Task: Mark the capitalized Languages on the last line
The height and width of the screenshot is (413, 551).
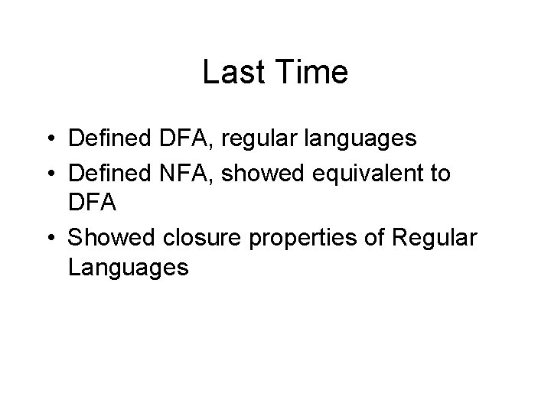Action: [x=127, y=268]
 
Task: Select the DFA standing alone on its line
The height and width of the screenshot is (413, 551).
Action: [x=92, y=204]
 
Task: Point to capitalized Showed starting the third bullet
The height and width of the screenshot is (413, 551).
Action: [x=108, y=238]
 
